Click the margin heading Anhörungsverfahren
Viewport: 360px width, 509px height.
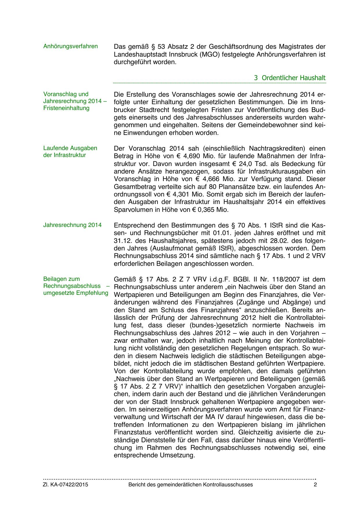(x=70, y=46)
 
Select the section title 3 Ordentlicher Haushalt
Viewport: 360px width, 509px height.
(x=290, y=78)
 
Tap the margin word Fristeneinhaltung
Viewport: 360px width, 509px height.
(x=66, y=108)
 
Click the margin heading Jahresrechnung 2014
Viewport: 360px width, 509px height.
(x=73, y=225)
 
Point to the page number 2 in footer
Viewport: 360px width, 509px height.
(x=315, y=485)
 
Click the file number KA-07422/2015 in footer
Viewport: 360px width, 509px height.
(x=69, y=485)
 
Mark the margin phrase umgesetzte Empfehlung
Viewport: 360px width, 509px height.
(x=76, y=293)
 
